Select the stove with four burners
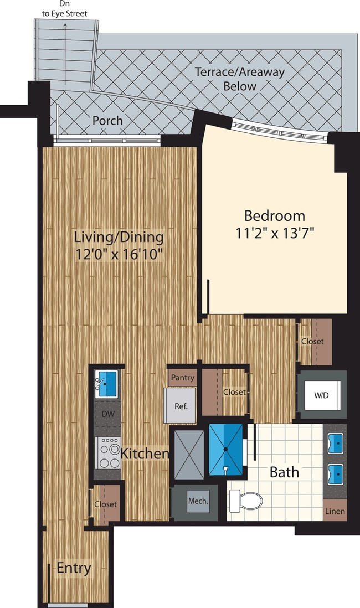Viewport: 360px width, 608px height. [x=108, y=452]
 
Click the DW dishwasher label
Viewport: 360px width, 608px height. [x=108, y=413]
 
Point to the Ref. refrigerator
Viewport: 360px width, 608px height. [x=181, y=405]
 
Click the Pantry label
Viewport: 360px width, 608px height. [x=182, y=378]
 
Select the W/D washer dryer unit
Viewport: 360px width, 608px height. [x=322, y=395]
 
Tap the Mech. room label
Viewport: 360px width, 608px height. [x=198, y=501]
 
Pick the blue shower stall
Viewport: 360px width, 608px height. [x=226, y=449]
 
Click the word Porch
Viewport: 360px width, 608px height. [x=107, y=120]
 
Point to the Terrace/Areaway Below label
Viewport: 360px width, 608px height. [x=239, y=79]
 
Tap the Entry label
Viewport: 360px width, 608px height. [x=74, y=568]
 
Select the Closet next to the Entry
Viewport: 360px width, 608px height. [x=105, y=504]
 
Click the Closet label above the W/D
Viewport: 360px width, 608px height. [x=312, y=342]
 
